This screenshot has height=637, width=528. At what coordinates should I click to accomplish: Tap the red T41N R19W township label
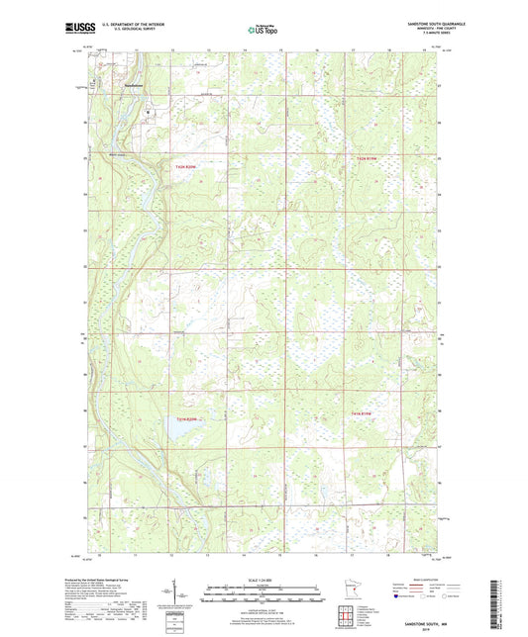click(367, 411)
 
